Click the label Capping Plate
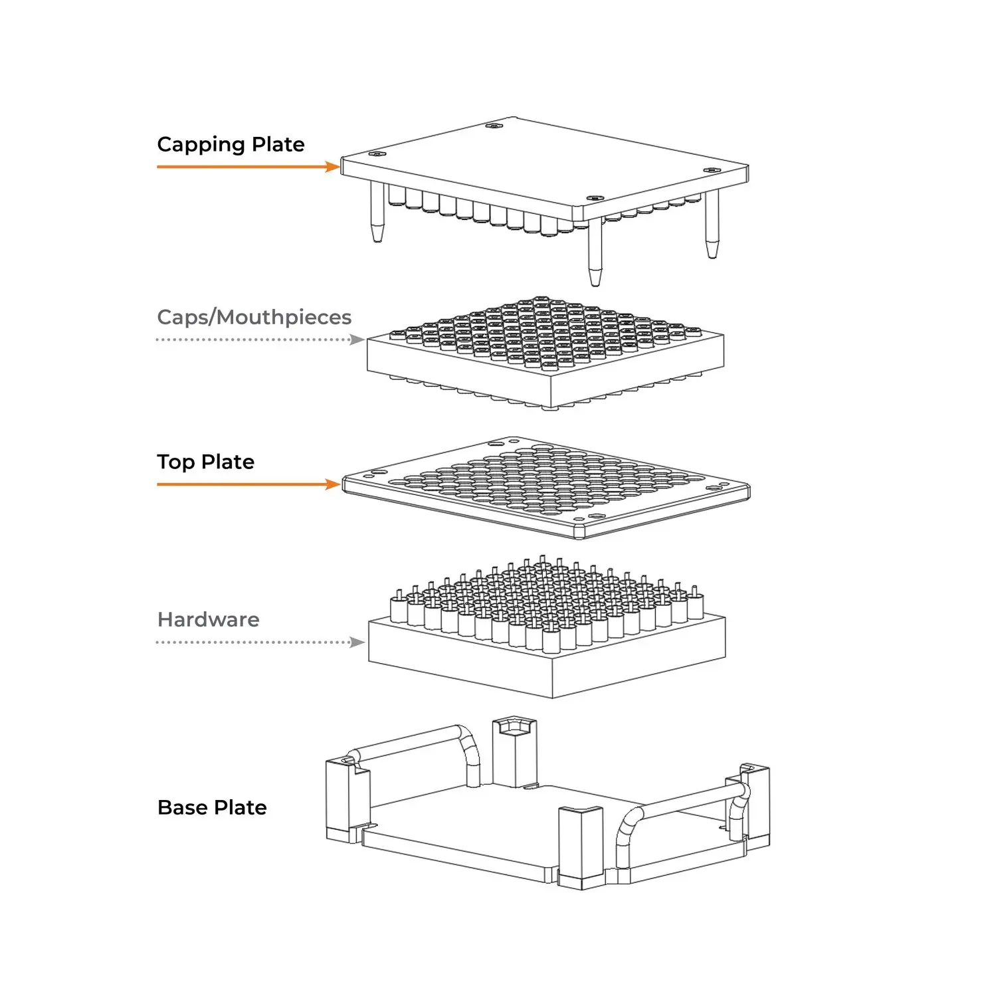(x=231, y=144)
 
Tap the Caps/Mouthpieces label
(x=254, y=317)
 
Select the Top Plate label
(x=205, y=462)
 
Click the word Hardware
(x=208, y=619)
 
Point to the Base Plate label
(x=212, y=807)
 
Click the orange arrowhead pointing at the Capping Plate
(x=333, y=167)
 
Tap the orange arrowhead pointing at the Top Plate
(x=333, y=484)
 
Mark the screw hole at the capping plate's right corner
(x=712, y=170)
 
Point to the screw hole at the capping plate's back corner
(x=492, y=125)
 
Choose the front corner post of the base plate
(x=580, y=847)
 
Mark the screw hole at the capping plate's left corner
(x=377, y=154)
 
